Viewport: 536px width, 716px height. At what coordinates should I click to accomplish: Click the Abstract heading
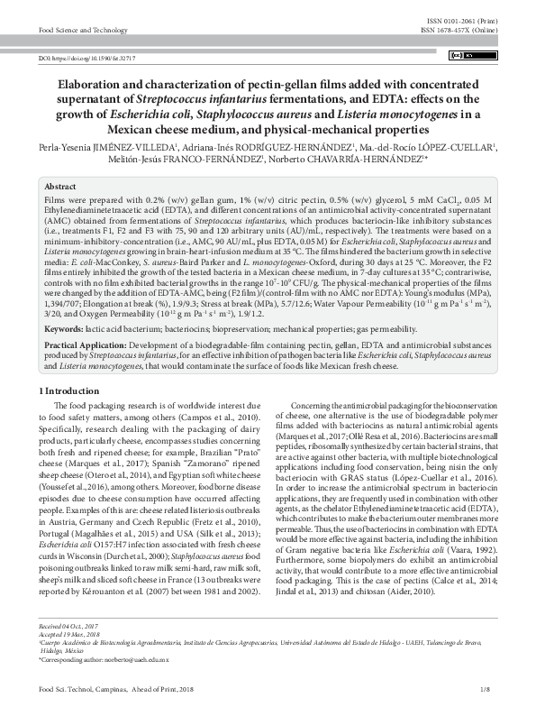click(x=60, y=185)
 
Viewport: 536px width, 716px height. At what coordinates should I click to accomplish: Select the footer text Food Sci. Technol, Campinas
click(x=81, y=690)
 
